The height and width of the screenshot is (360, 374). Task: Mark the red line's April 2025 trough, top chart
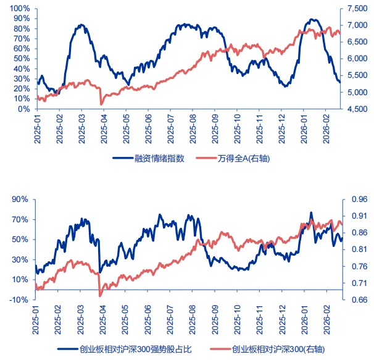pyautogui.click(x=101, y=104)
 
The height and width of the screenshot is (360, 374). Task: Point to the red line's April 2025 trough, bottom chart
pyautogui.click(x=100, y=296)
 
